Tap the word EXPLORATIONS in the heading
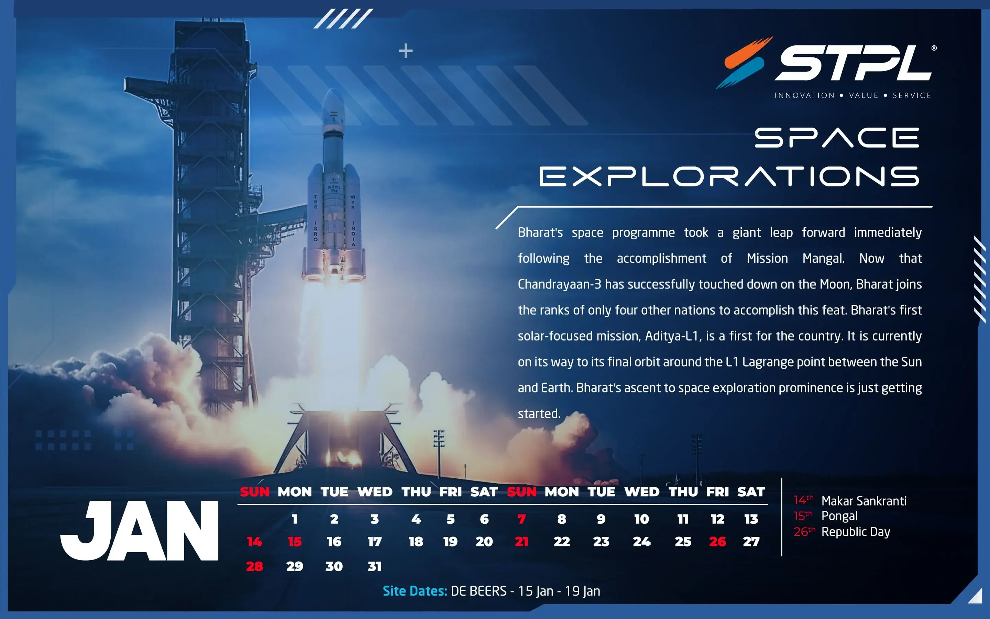(729, 176)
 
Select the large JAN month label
(140, 531)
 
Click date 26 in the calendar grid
(717, 542)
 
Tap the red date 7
(521, 519)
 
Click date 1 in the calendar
(295, 519)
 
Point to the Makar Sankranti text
(864, 501)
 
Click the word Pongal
(839, 516)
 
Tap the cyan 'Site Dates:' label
(415, 591)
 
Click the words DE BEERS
(478, 591)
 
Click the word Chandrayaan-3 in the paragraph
(559, 284)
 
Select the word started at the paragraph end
(539, 413)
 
